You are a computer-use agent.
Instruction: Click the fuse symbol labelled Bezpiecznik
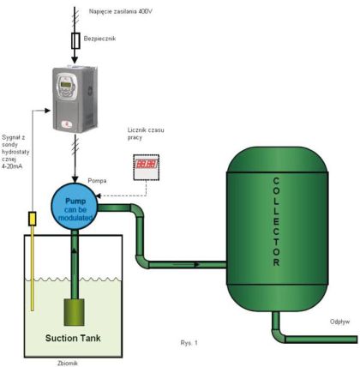click(x=75, y=41)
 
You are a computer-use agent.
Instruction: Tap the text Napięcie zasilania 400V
click(x=120, y=12)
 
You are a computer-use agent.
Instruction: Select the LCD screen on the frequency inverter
click(x=66, y=84)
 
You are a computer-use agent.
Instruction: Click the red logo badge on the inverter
click(x=66, y=124)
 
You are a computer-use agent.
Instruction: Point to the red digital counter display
click(x=147, y=164)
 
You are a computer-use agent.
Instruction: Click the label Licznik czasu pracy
click(x=146, y=134)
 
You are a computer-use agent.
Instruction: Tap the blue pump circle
click(x=75, y=207)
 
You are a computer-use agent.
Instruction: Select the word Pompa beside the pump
click(x=97, y=181)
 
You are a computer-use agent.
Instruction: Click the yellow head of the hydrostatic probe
click(x=33, y=219)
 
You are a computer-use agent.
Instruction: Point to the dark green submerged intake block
click(x=75, y=312)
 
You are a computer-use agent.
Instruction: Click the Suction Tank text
click(x=73, y=338)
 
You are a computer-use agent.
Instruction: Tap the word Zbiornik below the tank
click(x=68, y=364)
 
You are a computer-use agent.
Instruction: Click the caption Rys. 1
click(x=189, y=343)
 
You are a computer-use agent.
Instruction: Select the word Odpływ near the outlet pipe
click(x=339, y=322)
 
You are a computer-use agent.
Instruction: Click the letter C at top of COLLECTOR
click(x=276, y=181)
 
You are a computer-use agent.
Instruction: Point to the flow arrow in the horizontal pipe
click(x=186, y=265)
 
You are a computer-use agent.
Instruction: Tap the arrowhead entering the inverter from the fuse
click(x=75, y=60)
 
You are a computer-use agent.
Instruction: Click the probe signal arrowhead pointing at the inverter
click(x=47, y=111)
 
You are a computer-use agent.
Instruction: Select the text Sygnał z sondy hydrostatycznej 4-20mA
click(x=15, y=152)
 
